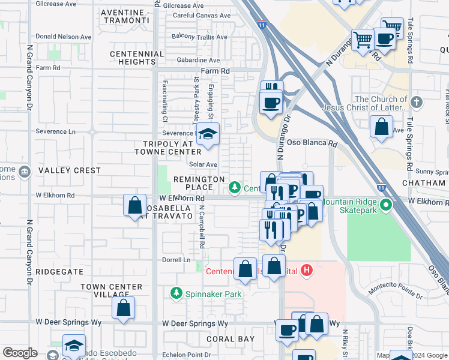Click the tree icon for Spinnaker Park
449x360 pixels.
[x=176, y=293]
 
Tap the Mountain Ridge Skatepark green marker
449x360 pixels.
[x=387, y=206]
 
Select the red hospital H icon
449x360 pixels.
[x=307, y=271]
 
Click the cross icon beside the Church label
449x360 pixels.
[x=418, y=103]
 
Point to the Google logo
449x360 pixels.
[x=20, y=353]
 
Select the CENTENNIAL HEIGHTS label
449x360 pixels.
[x=137, y=58]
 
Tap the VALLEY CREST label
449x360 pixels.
[x=70, y=170]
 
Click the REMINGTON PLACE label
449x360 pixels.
[x=199, y=183]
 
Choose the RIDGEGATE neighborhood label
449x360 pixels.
[x=59, y=271]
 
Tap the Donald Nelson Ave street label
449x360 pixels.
[x=63, y=37]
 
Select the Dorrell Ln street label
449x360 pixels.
[x=176, y=260]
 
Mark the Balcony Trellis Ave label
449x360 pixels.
[x=199, y=37]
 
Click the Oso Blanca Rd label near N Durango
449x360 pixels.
[x=312, y=143]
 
